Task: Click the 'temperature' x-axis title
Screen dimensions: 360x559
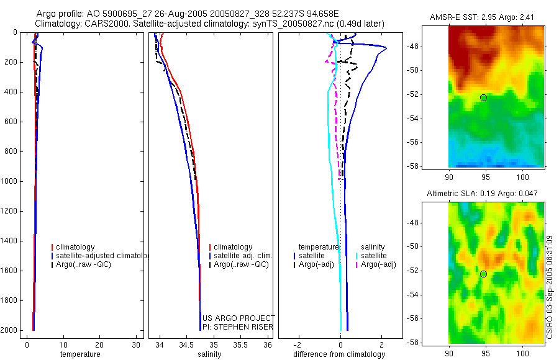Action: [x=80, y=354]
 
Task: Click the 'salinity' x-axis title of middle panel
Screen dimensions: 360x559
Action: [x=209, y=354]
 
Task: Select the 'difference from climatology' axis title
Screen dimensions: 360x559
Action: [x=340, y=354]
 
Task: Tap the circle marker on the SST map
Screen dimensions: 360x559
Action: [x=483, y=97]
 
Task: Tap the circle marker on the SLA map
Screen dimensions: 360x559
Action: [x=483, y=274]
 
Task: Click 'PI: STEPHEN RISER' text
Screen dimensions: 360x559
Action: [x=238, y=326]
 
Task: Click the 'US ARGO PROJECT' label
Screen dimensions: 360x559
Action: [x=238, y=318]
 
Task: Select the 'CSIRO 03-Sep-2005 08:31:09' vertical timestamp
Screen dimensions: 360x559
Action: [x=550, y=286]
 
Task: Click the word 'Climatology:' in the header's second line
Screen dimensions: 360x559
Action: [x=58, y=24]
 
